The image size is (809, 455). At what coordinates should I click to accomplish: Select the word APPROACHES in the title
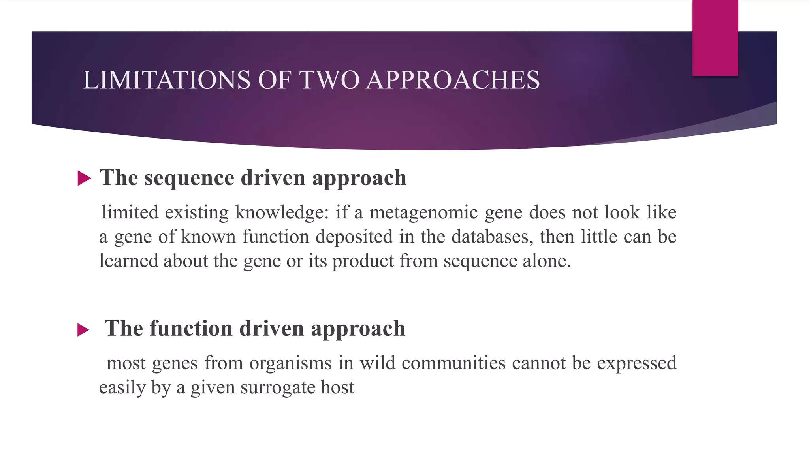point(453,80)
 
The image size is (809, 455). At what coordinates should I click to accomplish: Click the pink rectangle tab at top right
point(715,38)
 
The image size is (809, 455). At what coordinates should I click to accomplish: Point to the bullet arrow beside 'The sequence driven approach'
point(84,178)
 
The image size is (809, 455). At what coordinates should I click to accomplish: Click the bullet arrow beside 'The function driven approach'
point(83,329)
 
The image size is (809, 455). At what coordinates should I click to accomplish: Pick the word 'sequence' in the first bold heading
point(189,178)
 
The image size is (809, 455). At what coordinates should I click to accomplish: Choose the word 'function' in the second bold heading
point(191,329)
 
